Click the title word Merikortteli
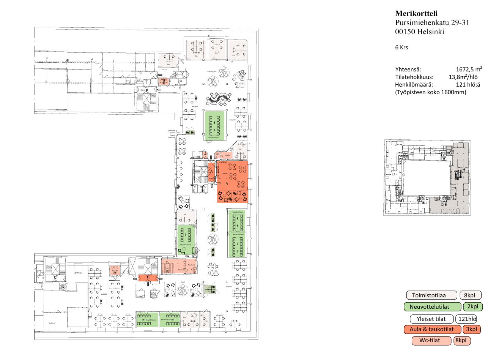point(416,14)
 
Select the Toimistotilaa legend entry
point(431,295)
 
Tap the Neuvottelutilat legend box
point(432,307)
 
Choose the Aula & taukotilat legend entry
point(432,330)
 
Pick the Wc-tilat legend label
point(431,341)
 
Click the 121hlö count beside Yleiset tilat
point(466,319)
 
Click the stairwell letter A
point(212,171)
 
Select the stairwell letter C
point(55,278)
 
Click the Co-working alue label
point(211,71)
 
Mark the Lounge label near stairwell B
point(183,282)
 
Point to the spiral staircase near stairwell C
point(63,287)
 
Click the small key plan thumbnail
point(427,178)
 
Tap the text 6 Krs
point(401,47)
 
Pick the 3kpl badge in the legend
point(472,330)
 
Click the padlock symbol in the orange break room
point(227,184)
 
